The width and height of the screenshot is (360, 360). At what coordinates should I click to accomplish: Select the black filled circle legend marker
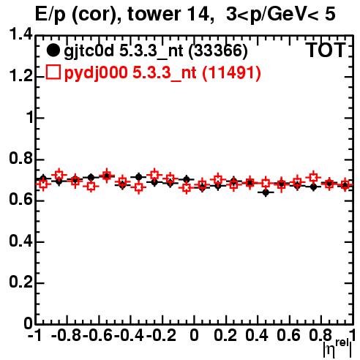(x=53, y=50)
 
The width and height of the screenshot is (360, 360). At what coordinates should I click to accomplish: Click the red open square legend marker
(x=53, y=72)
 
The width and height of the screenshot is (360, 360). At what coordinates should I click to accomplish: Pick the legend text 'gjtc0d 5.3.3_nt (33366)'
(x=156, y=51)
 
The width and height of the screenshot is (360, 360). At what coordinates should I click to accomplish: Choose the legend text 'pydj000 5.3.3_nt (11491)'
(x=162, y=72)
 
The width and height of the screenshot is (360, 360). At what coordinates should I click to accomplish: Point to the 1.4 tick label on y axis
(x=20, y=34)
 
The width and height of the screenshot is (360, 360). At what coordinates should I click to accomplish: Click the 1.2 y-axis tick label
(x=20, y=76)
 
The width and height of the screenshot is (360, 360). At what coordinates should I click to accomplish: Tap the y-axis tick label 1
(x=29, y=117)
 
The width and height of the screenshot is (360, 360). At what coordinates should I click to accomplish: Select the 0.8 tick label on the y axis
(x=20, y=159)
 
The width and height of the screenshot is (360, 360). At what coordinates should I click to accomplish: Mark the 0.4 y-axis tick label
(x=20, y=241)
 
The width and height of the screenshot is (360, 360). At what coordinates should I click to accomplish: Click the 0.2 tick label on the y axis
(x=20, y=282)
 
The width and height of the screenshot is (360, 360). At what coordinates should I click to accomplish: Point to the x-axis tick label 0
(x=194, y=335)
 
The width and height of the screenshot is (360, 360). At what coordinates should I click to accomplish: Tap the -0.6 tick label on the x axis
(x=97, y=335)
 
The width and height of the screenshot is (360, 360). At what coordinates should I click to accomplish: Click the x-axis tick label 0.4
(x=257, y=335)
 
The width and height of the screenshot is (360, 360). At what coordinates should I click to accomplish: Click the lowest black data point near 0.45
(x=266, y=192)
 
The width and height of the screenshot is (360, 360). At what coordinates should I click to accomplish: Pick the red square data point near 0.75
(x=313, y=177)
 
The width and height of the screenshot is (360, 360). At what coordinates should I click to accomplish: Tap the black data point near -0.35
(x=138, y=177)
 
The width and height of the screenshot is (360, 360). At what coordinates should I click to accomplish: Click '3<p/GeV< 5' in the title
(x=281, y=14)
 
